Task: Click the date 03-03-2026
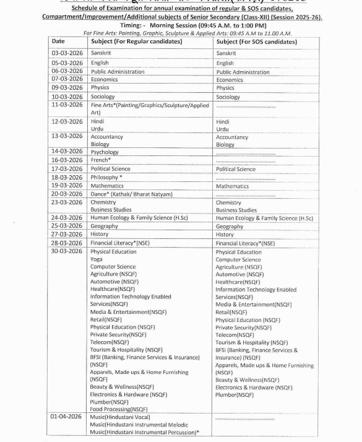coord(67,53)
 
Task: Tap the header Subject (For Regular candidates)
coord(136,41)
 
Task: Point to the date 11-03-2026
coord(67,105)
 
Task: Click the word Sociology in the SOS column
coord(228,97)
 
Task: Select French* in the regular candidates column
coord(101,160)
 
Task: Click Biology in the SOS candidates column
coord(225,145)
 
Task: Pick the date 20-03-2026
coord(67,194)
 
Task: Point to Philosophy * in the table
coord(106,177)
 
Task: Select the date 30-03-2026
coord(67,251)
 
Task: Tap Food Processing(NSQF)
coord(119,409)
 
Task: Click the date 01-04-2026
coord(67,417)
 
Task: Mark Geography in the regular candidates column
coord(104,227)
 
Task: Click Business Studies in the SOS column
coord(236,210)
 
